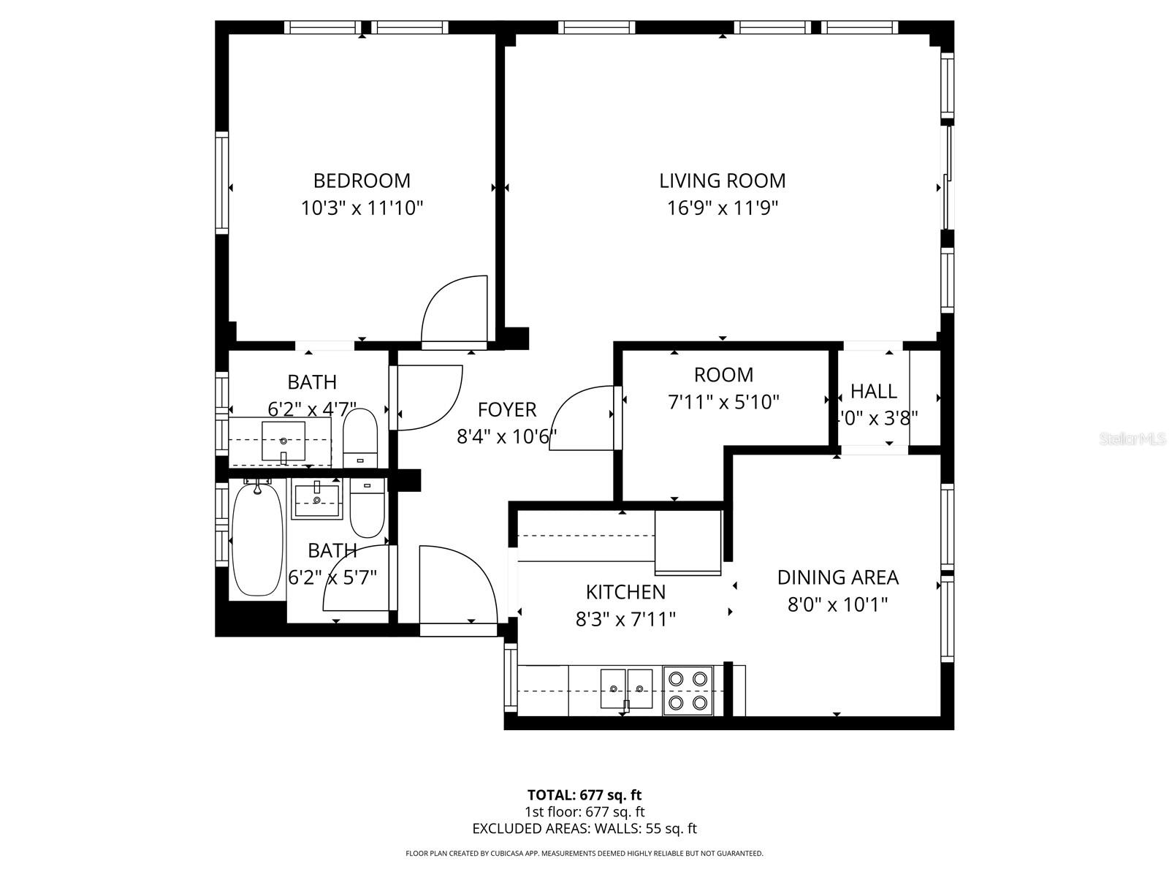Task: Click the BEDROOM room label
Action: tap(362, 181)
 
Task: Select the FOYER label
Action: tap(507, 409)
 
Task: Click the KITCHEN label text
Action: tap(625, 591)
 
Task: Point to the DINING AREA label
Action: tap(837, 577)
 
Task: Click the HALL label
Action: tap(874, 391)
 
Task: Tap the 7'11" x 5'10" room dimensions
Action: tap(723, 402)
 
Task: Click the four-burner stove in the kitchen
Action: tap(688, 690)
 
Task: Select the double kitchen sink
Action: tap(626, 688)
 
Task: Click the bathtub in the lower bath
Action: tap(257, 541)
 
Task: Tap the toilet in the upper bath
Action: tap(359, 437)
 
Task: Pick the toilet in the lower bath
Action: tap(367, 508)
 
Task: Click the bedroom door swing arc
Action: tap(453, 307)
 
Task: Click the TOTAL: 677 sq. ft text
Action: tap(584, 794)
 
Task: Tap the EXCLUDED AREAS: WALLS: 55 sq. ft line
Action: tap(584, 829)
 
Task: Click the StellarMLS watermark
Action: tap(1132, 439)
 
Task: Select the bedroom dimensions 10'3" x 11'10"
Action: tap(362, 208)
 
